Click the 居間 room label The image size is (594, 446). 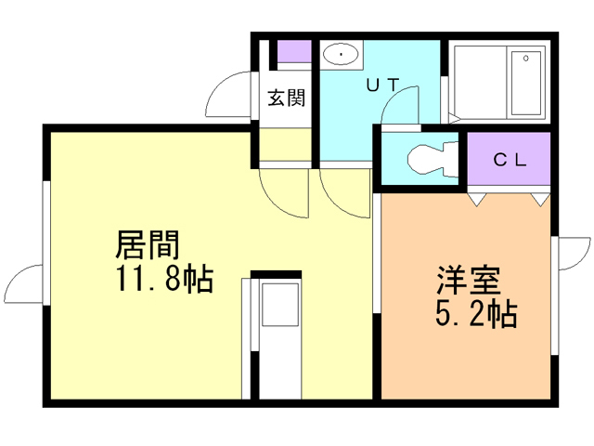point(147,245)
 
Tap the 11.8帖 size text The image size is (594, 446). point(164,278)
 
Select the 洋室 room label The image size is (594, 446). point(470,280)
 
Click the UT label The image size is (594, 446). point(382,85)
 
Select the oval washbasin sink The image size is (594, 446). point(344,56)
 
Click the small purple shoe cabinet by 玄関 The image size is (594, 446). point(295,52)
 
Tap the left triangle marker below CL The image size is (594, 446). point(478,198)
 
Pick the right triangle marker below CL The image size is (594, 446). point(539,198)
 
